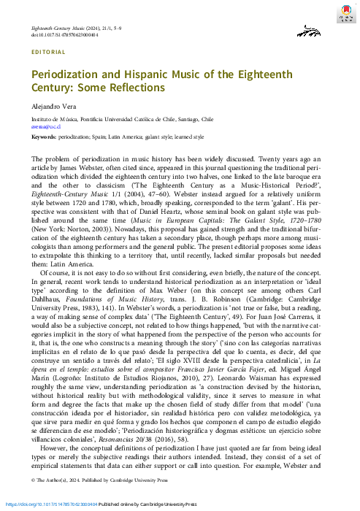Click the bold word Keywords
click(46, 137)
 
